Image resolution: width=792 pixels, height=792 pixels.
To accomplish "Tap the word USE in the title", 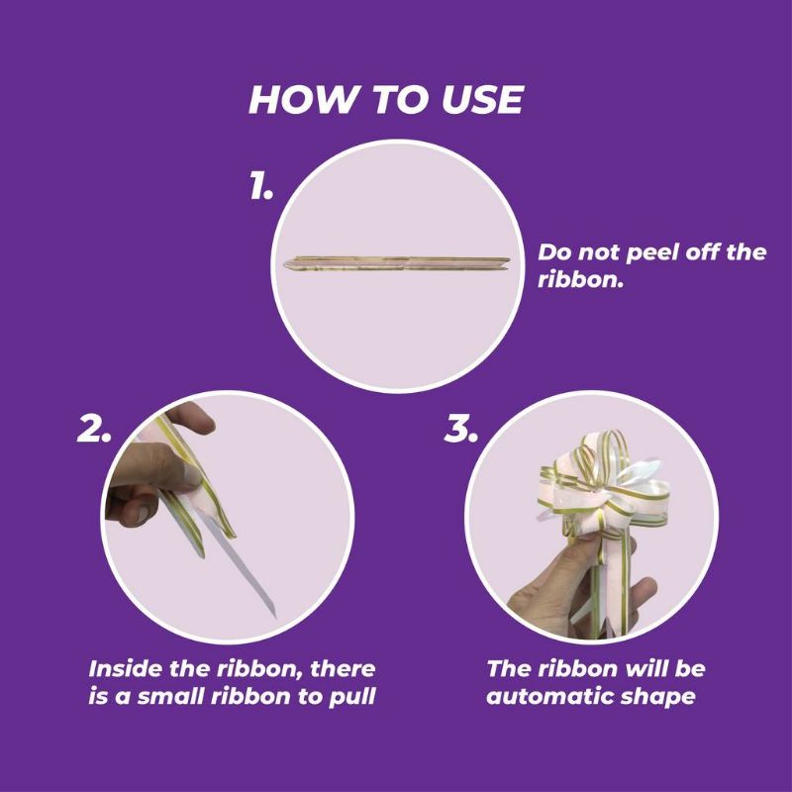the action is (x=482, y=99).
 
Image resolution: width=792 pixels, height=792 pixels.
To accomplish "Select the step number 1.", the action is (x=261, y=185).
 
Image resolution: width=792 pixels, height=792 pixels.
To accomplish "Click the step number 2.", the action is (x=94, y=430).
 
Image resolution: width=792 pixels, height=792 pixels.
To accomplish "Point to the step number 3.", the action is (x=460, y=430).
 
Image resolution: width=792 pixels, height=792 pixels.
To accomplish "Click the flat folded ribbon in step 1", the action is (x=397, y=263).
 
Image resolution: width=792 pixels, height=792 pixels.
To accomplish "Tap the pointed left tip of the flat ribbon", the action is (x=284, y=264).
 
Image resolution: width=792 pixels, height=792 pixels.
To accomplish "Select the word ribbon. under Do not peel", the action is (x=580, y=279).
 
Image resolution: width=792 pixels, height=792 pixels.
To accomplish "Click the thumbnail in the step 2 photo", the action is (x=192, y=474).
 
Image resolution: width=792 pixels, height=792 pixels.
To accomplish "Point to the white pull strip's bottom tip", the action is (x=275, y=616).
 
